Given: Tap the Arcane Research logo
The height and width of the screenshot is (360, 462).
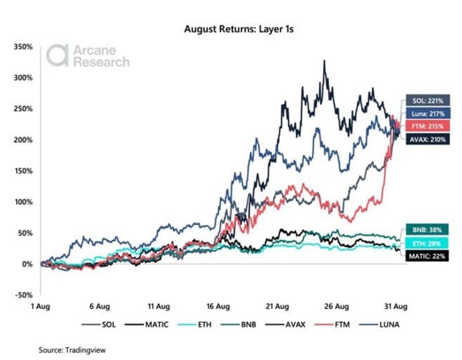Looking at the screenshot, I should coord(88,56).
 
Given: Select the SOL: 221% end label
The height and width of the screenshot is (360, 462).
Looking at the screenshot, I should coord(424,100).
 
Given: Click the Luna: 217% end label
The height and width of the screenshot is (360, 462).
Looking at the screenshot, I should coord(424,113).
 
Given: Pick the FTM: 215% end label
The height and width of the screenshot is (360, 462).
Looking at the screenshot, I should coord(424,126).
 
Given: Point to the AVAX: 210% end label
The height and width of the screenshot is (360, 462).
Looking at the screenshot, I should coord(424,140).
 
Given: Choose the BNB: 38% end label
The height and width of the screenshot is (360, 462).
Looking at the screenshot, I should coord(427,229).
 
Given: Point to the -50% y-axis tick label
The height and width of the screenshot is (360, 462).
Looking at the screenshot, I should coord(23,295).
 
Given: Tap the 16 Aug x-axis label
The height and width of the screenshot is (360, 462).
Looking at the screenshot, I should coord(218,307).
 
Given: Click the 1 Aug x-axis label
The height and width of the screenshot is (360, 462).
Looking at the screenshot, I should coord(40,307).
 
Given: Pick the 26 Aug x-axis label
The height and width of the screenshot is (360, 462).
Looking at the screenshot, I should coord(336,307).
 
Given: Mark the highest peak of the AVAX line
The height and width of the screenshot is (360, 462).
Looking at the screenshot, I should coord(324,61).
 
